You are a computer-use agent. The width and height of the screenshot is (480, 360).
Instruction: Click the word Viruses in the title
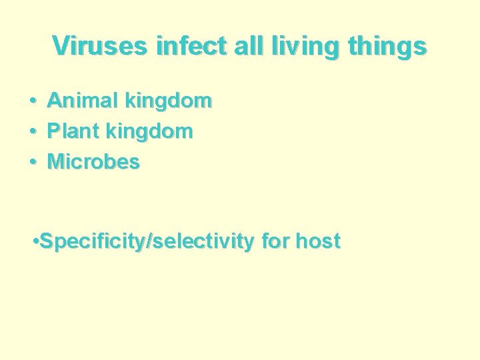point(101,46)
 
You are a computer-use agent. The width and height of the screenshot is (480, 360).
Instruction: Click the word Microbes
point(93,161)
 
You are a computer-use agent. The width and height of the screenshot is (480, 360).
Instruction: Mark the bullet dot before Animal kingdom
point(32,102)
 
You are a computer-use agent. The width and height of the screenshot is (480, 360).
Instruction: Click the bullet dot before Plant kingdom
point(32,132)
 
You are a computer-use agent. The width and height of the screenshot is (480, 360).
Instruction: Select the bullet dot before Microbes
point(32,162)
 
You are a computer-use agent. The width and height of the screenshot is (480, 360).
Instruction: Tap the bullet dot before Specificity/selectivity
point(35,241)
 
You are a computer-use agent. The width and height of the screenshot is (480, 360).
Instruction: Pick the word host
point(318,241)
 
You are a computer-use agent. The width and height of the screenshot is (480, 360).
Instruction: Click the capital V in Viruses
point(61,46)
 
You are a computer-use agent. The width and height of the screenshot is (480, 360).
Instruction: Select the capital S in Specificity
point(46,241)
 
